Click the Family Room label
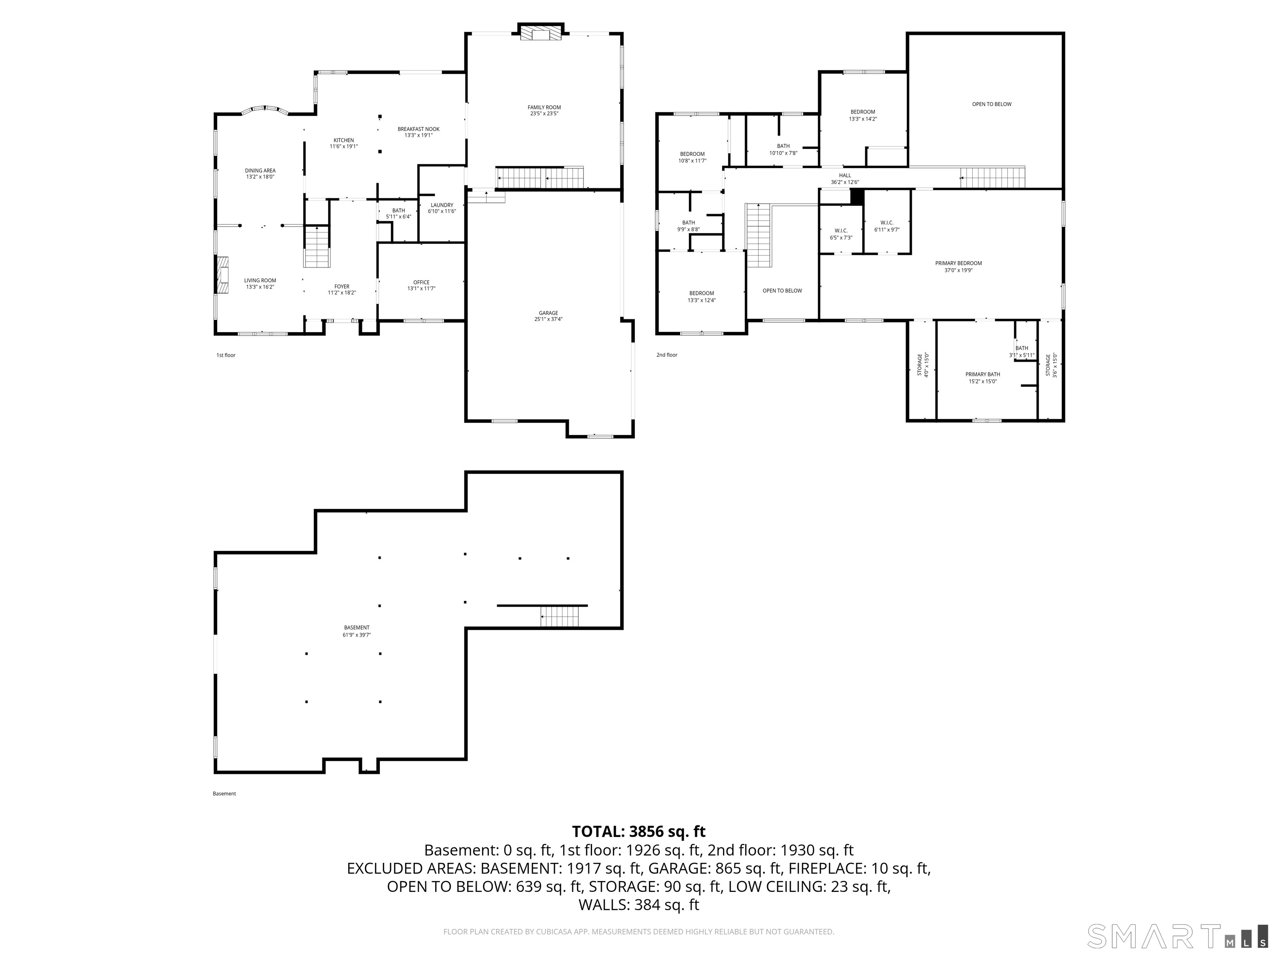coord(544,110)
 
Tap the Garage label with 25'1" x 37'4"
coord(548,316)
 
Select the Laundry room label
coord(442,208)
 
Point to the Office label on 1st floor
coord(421,285)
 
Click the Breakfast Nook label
coord(418,132)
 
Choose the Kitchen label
coord(344,143)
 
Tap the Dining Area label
coord(260,173)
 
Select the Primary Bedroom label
coord(958,266)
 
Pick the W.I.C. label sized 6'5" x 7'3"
coord(841,234)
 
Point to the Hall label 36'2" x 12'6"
coord(845,178)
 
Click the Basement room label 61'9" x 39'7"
coord(357,631)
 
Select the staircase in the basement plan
coord(559,617)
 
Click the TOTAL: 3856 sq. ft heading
coord(639,832)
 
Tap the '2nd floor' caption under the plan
coord(667,355)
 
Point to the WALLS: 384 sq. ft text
coord(639,905)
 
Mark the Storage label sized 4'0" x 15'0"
coord(923,365)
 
